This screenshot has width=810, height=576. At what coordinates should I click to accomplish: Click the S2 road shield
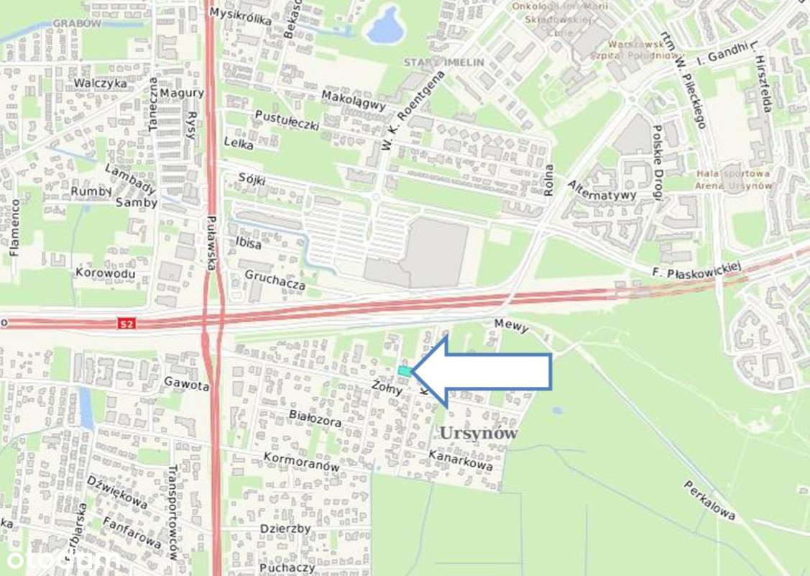pos(126,324)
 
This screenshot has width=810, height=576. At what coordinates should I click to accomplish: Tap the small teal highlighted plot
pos(405,371)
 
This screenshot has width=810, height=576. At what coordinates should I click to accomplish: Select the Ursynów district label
pos(478,433)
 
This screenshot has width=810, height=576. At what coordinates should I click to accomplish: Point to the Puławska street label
pos(211,244)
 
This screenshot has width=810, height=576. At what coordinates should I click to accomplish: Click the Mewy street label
pos(511,326)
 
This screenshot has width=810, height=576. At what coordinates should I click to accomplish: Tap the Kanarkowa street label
pos(460,460)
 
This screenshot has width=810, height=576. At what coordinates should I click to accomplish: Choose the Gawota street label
pos(186,385)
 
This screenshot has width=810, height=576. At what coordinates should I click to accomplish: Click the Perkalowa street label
pos(709,500)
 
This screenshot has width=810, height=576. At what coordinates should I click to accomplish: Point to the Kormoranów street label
pos(301,462)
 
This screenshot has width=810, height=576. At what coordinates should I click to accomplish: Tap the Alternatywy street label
pos(602,190)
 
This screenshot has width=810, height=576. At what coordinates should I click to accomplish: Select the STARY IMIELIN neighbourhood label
pos(443,63)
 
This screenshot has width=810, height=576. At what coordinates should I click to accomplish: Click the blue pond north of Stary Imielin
pos(386,26)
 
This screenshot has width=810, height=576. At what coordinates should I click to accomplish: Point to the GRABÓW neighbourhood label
pos(77,23)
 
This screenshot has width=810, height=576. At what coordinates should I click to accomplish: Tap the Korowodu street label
pos(105,273)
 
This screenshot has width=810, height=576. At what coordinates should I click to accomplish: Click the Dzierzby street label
pos(285,529)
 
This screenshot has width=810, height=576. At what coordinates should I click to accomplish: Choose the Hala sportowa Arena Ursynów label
pos(733,179)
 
